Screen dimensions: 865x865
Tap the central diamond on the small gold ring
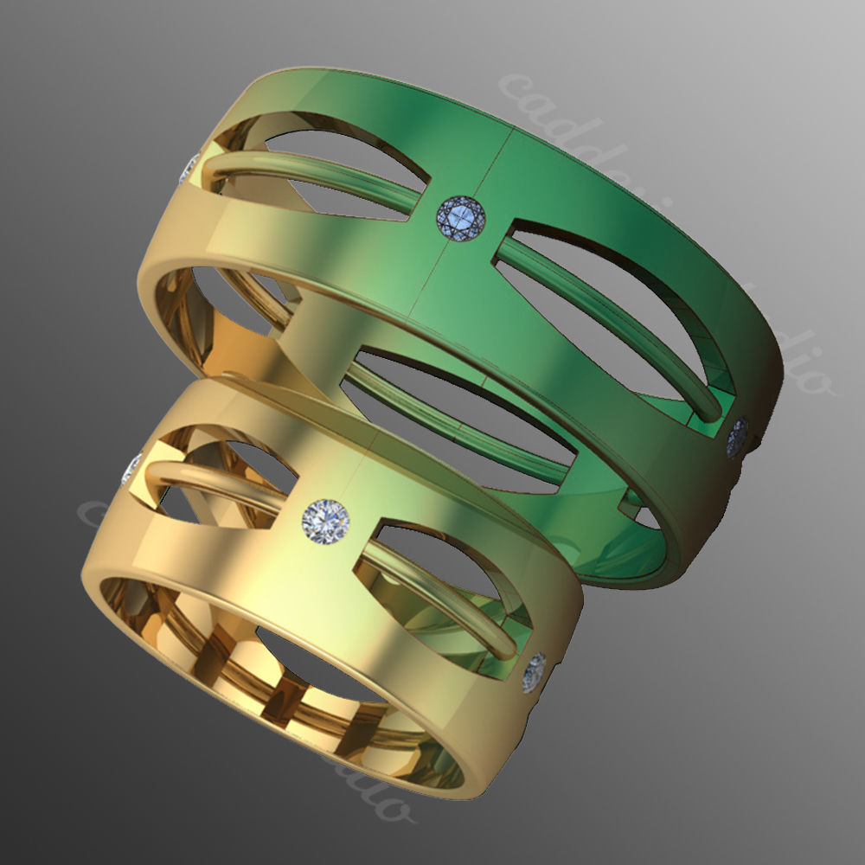coord(325,521)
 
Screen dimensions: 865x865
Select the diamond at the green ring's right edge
coord(737,438)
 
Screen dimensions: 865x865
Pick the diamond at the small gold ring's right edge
coord(535,671)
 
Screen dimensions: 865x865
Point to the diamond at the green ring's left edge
coord(188,168)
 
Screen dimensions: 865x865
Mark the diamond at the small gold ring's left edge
coord(132,468)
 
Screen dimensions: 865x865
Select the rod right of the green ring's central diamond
coord(605,311)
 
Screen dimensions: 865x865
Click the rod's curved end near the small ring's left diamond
coord(156,471)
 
